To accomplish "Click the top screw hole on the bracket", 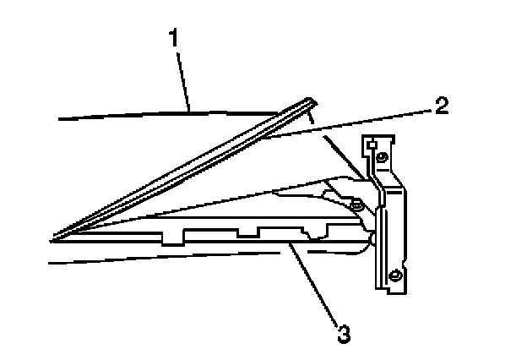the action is pyautogui.click(x=383, y=157).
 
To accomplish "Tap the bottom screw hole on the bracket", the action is pyautogui.click(x=394, y=274).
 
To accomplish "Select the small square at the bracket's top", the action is pyautogui.click(x=370, y=145).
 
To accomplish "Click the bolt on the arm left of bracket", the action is pyautogui.click(x=359, y=205).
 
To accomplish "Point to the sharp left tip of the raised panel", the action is pyautogui.click(x=52, y=234).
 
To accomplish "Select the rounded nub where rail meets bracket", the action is pyautogui.click(x=372, y=242).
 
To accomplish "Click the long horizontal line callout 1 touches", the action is pyautogui.click(x=127, y=115).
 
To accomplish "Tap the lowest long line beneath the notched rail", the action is pyautogui.click(x=169, y=258).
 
